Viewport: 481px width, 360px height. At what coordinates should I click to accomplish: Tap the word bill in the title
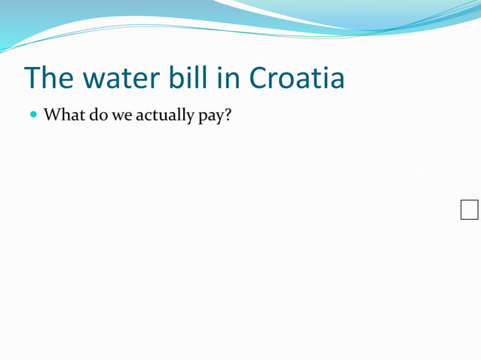click(182, 78)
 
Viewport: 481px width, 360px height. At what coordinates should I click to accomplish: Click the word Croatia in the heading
click(296, 78)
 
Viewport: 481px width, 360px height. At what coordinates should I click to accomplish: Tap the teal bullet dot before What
click(33, 116)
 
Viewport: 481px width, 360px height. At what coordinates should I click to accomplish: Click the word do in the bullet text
click(97, 116)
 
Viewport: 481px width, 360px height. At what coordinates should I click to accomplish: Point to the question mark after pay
click(227, 116)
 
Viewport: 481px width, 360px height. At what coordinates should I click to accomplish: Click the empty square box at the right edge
click(469, 210)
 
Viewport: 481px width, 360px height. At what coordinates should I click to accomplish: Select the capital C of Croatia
click(258, 78)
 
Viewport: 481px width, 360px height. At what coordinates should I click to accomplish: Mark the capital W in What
click(51, 116)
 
